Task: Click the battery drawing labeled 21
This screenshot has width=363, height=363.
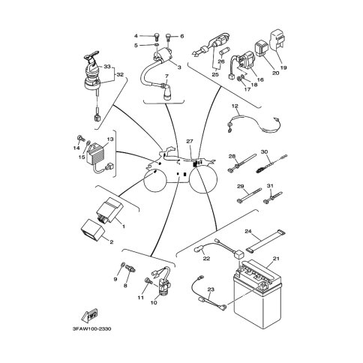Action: pyautogui.click(x=257, y=294)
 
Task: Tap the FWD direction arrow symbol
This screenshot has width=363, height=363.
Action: pyautogui.click(x=90, y=316)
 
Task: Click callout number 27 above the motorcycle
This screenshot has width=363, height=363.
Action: pyautogui.click(x=190, y=142)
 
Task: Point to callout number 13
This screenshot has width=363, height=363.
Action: pyautogui.click(x=110, y=139)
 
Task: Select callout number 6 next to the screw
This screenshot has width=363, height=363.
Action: pyautogui.click(x=182, y=36)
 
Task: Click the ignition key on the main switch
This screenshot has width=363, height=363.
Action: pyautogui.click(x=91, y=54)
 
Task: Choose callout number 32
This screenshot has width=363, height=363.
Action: pyautogui.click(x=120, y=74)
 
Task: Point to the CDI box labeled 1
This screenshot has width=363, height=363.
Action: pyautogui.click(x=110, y=209)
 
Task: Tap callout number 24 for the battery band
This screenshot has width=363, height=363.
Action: pyautogui.click(x=247, y=231)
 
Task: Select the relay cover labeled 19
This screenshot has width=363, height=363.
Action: pyautogui.click(x=278, y=41)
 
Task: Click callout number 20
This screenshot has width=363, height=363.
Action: pyautogui.click(x=275, y=73)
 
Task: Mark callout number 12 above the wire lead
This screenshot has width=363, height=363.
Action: pyautogui.click(x=235, y=106)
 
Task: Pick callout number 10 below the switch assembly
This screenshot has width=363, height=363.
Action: pyautogui.click(x=154, y=303)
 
